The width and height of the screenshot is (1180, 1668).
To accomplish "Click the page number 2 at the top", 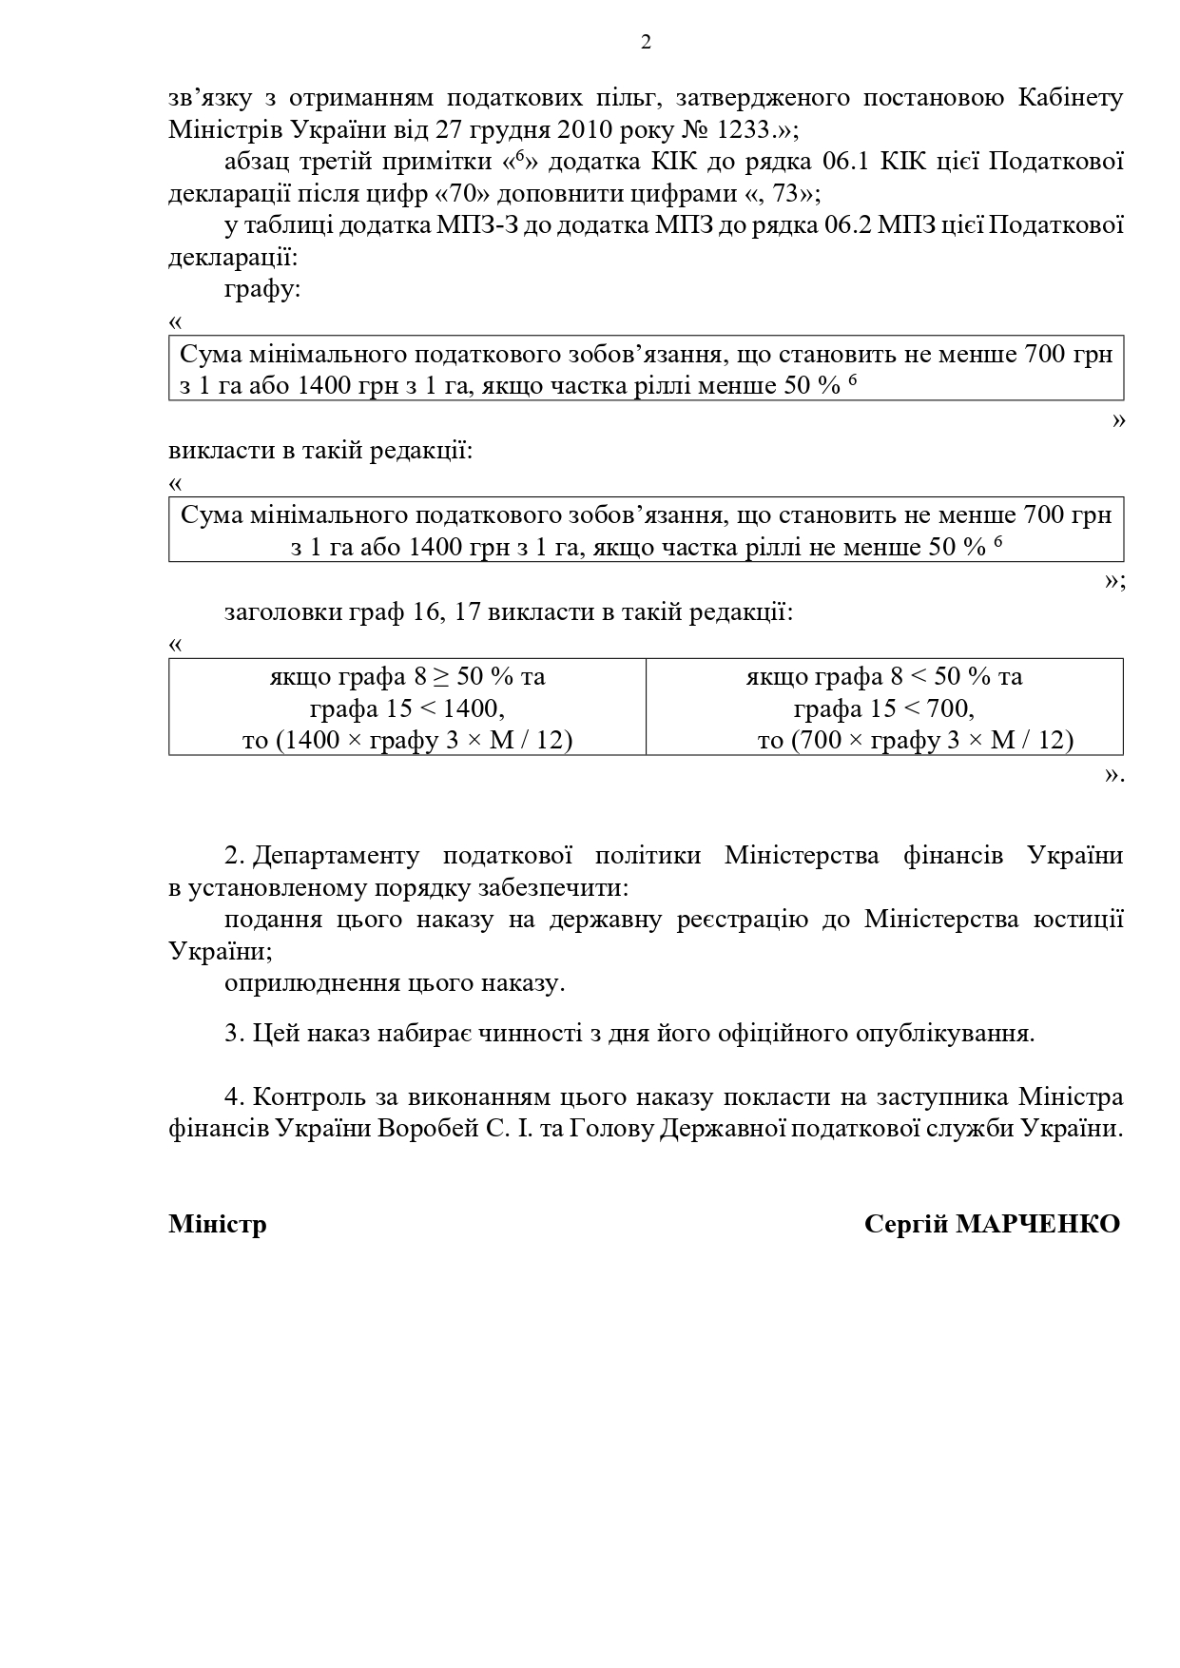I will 647,42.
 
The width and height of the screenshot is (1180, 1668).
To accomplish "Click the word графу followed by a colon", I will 261,290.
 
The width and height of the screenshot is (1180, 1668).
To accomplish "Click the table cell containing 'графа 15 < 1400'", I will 407,708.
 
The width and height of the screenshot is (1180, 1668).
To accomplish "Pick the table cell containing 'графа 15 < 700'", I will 883,708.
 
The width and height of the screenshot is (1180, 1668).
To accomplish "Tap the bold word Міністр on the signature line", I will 218,1224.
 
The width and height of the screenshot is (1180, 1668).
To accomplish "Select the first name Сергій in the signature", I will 906,1224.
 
